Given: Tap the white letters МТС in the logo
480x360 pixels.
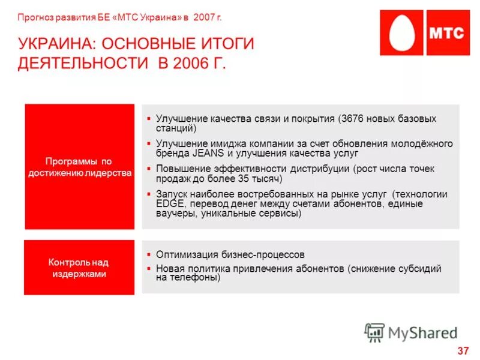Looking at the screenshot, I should click(445, 32).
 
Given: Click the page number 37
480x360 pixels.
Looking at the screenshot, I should click(463, 350).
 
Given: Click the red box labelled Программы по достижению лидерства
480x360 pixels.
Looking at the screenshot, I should click(79, 167).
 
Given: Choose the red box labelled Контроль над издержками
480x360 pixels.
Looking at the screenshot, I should click(79, 268).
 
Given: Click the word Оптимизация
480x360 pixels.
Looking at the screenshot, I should click(185, 254).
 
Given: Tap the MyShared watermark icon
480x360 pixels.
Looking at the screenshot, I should click(374, 332).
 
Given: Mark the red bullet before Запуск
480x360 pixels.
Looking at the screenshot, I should click(148, 194).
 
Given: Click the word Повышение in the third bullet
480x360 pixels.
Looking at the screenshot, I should click(182, 169).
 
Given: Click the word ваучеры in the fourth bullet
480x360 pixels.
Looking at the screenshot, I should click(173, 214).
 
